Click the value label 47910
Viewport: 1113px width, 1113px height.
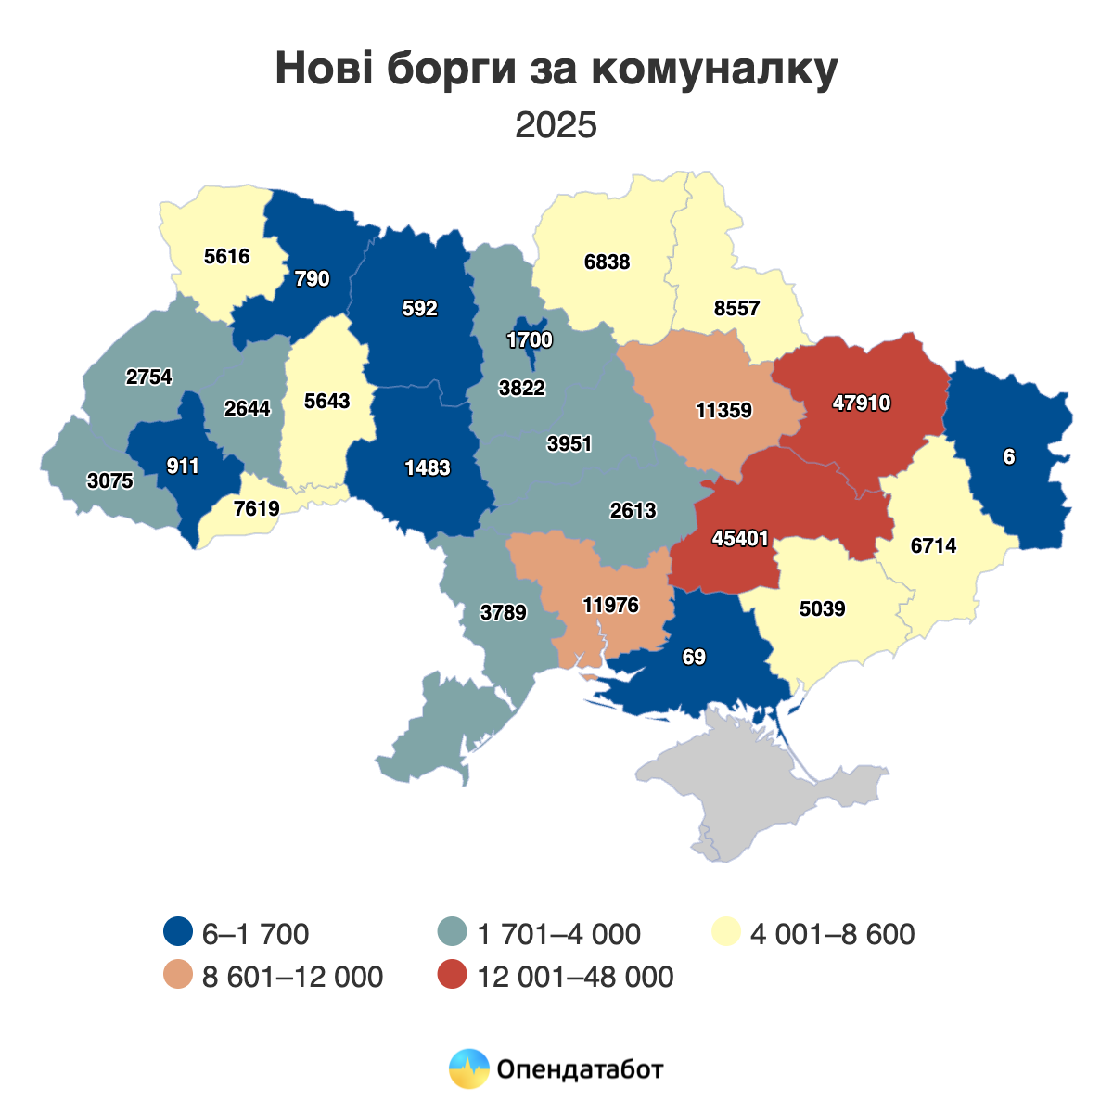point(861,403)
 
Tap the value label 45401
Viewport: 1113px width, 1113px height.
point(740,538)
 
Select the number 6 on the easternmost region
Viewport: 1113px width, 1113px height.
point(1008,456)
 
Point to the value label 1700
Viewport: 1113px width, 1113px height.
point(530,340)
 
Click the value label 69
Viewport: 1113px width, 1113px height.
point(694,657)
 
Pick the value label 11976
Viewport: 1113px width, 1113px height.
point(610,605)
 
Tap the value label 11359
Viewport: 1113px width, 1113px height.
point(723,409)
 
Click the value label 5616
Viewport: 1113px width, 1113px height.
point(227,255)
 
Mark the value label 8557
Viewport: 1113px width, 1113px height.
point(737,309)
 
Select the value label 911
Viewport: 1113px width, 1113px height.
point(183,466)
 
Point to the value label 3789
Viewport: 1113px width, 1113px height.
point(504,612)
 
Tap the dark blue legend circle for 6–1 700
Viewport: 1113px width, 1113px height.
point(177,932)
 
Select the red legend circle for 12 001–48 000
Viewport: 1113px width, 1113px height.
point(452,976)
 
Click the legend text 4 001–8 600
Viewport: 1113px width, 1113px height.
point(832,933)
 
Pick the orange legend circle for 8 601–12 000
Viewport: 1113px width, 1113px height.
point(177,976)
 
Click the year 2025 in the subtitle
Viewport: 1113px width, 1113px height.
point(556,124)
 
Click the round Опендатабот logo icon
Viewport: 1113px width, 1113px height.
point(468,1068)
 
